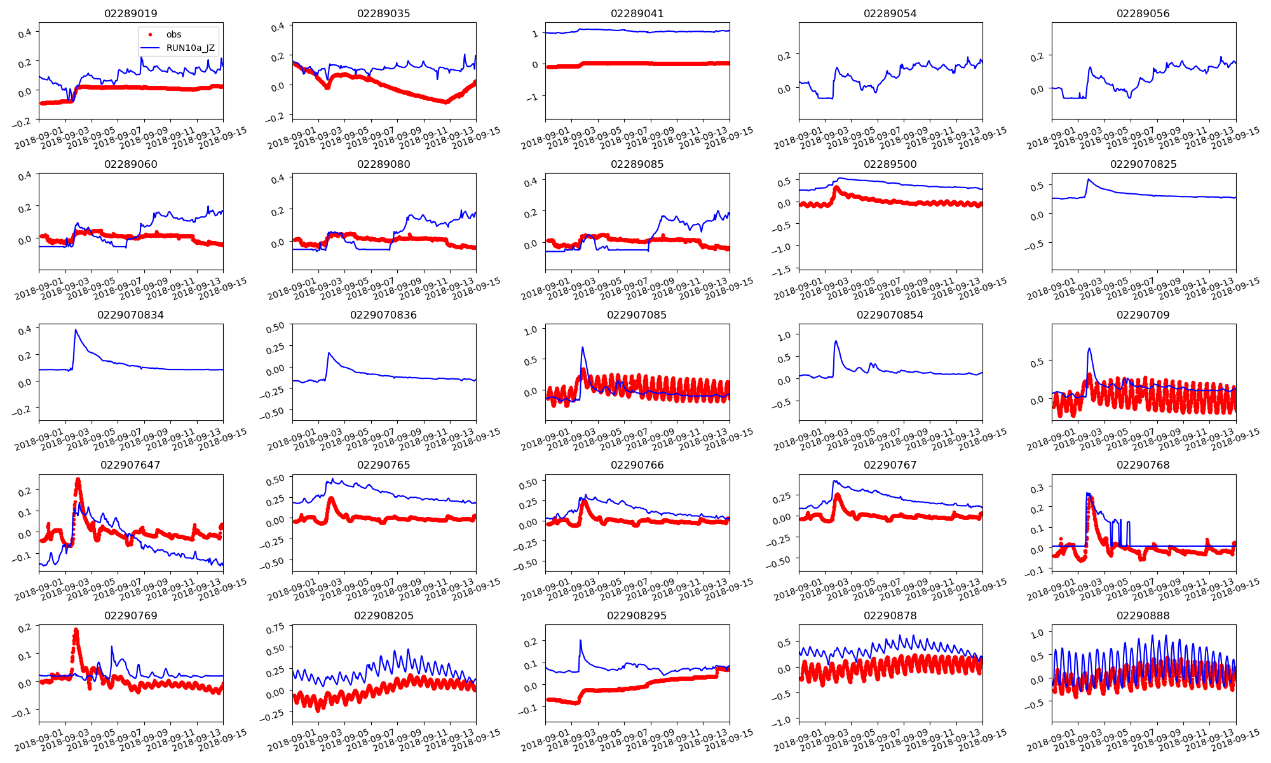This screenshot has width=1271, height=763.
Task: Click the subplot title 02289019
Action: tap(130, 13)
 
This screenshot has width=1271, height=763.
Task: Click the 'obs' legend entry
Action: tap(173, 34)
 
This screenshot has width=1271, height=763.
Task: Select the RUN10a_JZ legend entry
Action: tap(190, 48)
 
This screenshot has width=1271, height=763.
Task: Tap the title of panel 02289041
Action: tap(637, 13)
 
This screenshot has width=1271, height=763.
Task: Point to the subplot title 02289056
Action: tap(1143, 13)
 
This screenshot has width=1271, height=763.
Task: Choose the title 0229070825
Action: tap(1143, 164)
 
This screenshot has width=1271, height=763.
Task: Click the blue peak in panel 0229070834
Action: tap(76, 329)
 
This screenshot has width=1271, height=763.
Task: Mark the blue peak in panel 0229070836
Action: tap(329, 353)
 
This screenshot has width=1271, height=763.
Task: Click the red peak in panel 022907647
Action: tap(78, 479)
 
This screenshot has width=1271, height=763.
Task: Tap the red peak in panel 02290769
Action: tap(76, 630)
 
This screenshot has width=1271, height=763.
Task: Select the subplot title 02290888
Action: tap(1143, 615)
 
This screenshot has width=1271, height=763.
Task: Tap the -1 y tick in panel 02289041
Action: tap(533, 97)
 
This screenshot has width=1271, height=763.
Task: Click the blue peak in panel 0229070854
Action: tap(836, 341)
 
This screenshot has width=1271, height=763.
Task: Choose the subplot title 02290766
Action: tap(637, 465)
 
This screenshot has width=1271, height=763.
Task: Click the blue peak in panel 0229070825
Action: tap(1088, 179)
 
